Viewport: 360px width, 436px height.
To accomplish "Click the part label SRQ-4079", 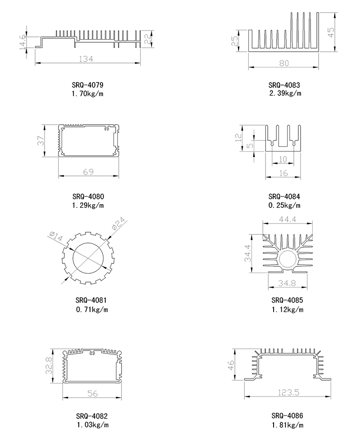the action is (x=87, y=85).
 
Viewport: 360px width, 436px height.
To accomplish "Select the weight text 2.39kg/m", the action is (x=285, y=93).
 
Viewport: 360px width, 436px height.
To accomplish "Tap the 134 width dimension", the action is (x=86, y=59).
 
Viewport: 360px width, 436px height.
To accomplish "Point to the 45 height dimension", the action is (x=331, y=32).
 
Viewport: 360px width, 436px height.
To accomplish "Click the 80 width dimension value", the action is (x=284, y=63).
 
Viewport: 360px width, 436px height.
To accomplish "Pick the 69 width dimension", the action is (x=88, y=172).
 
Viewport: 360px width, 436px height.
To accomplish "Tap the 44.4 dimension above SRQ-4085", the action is (x=288, y=220).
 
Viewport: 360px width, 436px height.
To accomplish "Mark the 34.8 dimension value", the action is (x=287, y=283).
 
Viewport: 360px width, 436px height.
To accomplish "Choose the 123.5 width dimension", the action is (x=288, y=393).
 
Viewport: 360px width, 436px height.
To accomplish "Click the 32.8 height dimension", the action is (x=49, y=365).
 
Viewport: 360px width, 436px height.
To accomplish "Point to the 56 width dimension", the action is (x=93, y=393).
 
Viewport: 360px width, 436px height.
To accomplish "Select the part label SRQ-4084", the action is (x=284, y=197).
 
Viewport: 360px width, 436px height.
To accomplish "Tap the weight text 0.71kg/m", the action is (x=92, y=309).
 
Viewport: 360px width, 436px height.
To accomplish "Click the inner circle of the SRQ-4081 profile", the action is (x=88, y=258).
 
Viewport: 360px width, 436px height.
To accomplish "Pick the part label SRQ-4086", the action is (x=287, y=416).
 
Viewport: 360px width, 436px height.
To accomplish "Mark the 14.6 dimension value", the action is (x=23, y=43).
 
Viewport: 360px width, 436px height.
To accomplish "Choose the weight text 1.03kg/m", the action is (x=93, y=425).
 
